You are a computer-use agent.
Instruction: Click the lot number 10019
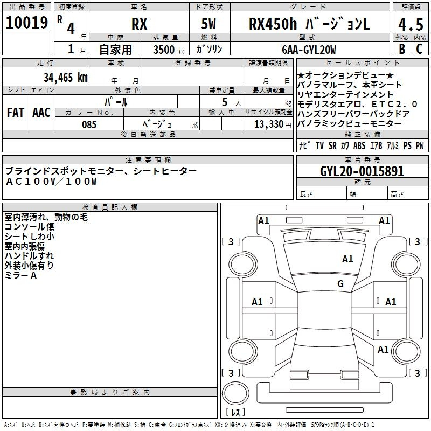click(26, 23)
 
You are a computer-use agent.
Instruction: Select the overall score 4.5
click(411, 24)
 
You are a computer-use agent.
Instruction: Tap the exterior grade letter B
click(402, 49)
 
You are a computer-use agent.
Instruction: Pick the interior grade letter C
click(419, 49)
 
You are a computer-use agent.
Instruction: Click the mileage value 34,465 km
click(66, 78)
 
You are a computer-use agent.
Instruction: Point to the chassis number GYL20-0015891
click(362, 171)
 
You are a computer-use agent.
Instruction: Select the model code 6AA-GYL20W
click(309, 50)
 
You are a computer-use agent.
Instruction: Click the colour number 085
click(89, 124)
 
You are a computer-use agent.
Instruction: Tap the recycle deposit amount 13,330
click(269, 124)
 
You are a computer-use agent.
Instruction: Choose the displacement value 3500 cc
click(169, 50)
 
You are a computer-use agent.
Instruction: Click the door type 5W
click(208, 24)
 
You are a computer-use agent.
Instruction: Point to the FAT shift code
click(16, 113)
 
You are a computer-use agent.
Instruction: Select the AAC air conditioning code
click(41, 113)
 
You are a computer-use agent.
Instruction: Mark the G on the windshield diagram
click(340, 284)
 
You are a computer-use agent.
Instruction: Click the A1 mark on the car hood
click(347, 259)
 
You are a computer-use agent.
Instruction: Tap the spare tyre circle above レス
click(235, 394)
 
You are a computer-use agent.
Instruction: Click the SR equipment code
click(332, 145)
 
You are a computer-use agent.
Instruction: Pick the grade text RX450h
click(273, 24)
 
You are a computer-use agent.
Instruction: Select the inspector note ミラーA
click(20, 275)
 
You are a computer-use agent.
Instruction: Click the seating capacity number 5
click(225, 102)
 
